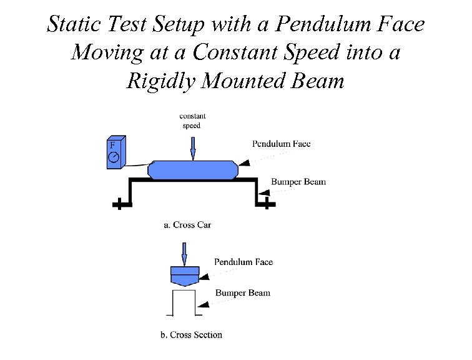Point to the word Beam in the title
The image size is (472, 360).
pyautogui.click(x=318, y=81)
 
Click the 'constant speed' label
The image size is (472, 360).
pyautogui.click(x=192, y=120)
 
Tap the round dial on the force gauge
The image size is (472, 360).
pyautogui.click(x=113, y=158)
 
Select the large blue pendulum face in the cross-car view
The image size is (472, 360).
pyautogui.click(x=194, y=169)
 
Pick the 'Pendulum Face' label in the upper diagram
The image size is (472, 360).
pyautogui.click(x=281, y=144)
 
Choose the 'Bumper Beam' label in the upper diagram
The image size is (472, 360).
pyautogui.click(x=298, y=182)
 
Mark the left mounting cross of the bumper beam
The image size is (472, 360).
pyautogui.click(x=117, y=204)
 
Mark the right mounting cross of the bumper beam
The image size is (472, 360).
pyautogui.click(x=266, y=204)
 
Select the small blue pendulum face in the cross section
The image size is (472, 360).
pyautogui.click(x=185, y=275)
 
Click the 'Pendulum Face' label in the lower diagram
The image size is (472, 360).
pyautogui.click(x=243, y=262)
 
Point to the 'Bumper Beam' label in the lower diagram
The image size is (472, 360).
pyautogui.click(x=243, y=292)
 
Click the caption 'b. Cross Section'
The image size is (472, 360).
pyautogui.click(x=191, y=335)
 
